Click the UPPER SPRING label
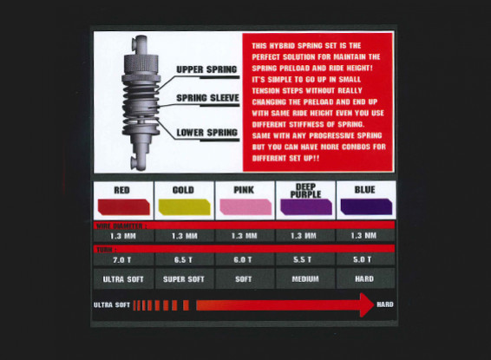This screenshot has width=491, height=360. coord(206,69)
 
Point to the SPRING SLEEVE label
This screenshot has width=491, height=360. coord(206,99)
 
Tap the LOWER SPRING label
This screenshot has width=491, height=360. coord(206,133)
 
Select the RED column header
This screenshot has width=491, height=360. coord(122,189)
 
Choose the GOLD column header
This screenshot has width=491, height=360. coord(184,189)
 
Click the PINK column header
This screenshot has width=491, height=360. coord(245,189)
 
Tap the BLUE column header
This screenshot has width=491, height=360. coord(366,189)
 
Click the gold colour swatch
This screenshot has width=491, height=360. coord(184,206)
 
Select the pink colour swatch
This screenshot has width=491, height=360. coord(245,206)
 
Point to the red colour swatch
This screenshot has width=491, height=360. coord(122,206)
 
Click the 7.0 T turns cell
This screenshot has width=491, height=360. coord(122,259)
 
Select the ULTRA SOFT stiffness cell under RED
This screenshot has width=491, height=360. coord(122,278)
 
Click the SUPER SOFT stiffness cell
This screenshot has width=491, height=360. coord(184,278)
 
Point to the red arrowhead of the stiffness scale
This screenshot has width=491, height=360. coord(363,304)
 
